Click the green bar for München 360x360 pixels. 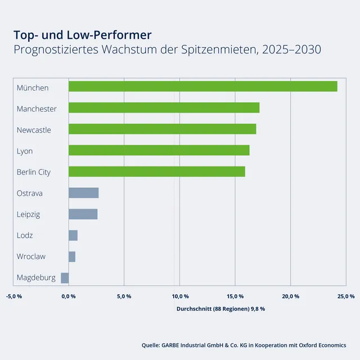pos(202,86)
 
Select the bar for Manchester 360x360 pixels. pos(164,107)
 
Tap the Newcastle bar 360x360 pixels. pos(162,129)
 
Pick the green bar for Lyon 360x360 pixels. pos(159,150)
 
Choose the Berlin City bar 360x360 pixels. pos(156,172)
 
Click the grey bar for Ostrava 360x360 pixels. pos(83,193)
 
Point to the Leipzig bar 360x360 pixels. pos(83,214)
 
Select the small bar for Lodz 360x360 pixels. pos(73,235)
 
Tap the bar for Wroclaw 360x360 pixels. pos(71,256)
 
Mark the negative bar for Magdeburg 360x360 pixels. pos(65,277)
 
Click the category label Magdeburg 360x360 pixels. pos(36,278)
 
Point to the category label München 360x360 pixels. pos(33,88)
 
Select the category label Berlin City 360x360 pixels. pos(34,172)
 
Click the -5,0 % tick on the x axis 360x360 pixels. pos(13,296)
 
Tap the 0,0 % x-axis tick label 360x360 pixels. pos(69,296)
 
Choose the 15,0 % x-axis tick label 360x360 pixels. pos(235,296)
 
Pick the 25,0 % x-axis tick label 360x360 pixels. pos(346,296)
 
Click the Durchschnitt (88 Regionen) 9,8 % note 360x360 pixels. pos(220,309)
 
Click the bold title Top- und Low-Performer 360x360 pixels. pos(82,35)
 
